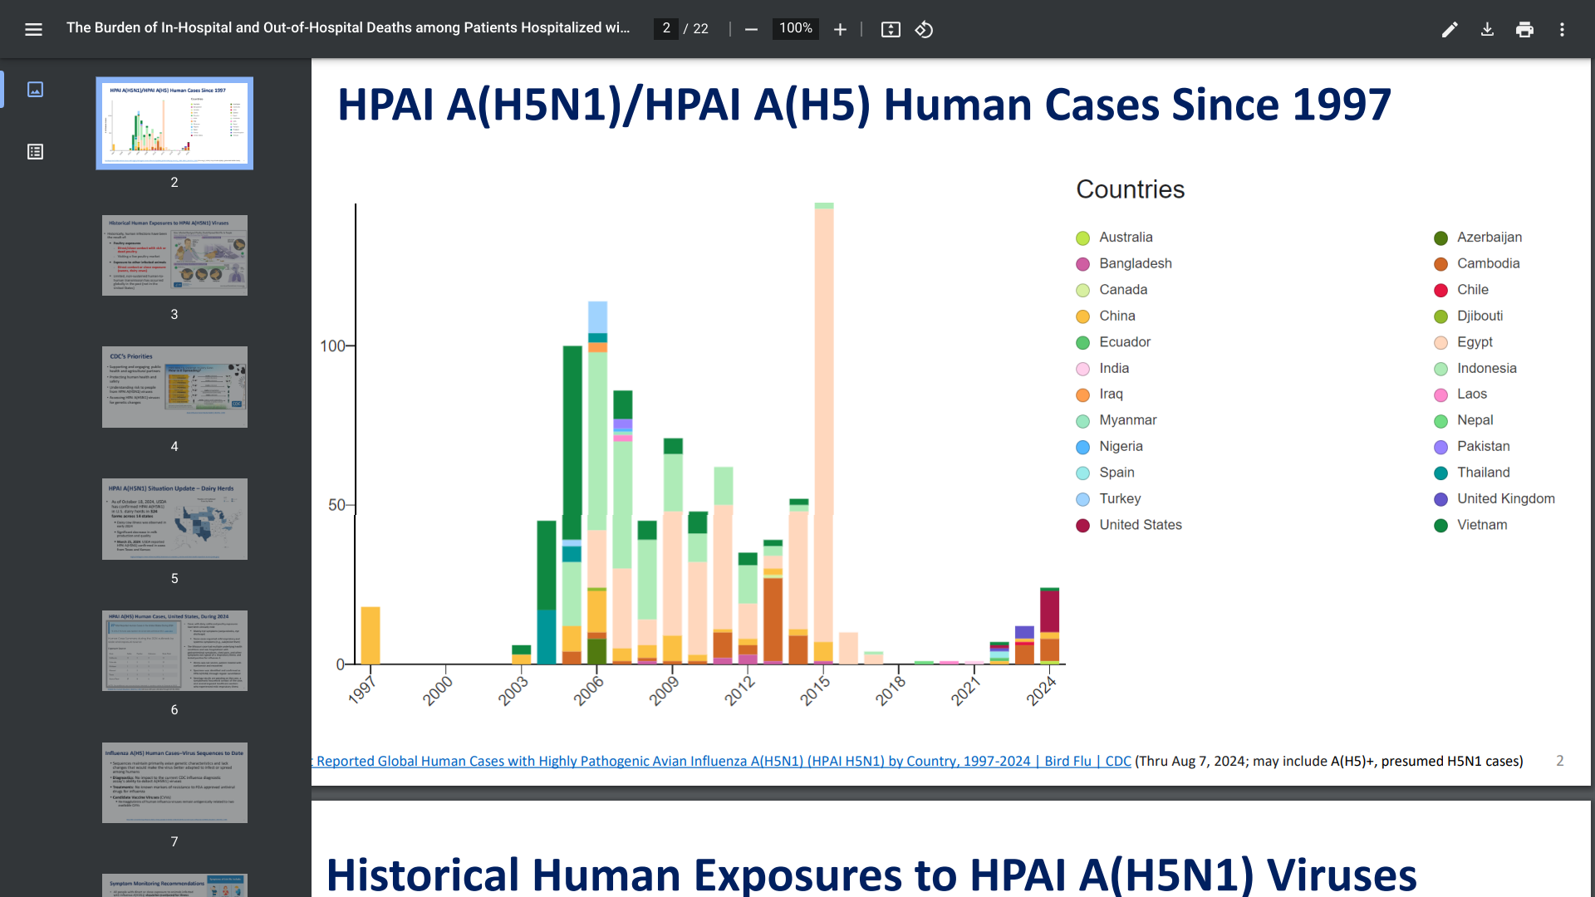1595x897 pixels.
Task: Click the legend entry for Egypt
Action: [1474, 342]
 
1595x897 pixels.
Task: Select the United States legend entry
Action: [1140, 525]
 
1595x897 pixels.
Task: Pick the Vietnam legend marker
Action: [1440, 526]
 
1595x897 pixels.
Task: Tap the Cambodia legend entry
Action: [1487, 263]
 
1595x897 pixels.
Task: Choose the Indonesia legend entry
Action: [1485, 368]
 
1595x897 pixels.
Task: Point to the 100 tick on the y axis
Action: [332, 346]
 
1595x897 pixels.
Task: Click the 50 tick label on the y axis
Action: [336, 505]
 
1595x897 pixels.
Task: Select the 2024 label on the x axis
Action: [1041, 691]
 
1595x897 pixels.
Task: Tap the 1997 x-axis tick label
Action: [362, 691]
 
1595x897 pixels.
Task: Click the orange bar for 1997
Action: [371, 635]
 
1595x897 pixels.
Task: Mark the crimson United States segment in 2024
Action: [1049, 611]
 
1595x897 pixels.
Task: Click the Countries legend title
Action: [1130, 189]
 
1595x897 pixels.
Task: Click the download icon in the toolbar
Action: [1487, 30]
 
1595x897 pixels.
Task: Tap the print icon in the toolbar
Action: [1524, 30]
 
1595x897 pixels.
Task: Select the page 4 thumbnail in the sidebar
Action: [174, 387]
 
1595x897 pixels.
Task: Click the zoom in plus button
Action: [840, 30]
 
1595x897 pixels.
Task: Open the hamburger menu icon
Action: [33, 30]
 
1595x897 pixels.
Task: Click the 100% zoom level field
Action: [795, 29]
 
